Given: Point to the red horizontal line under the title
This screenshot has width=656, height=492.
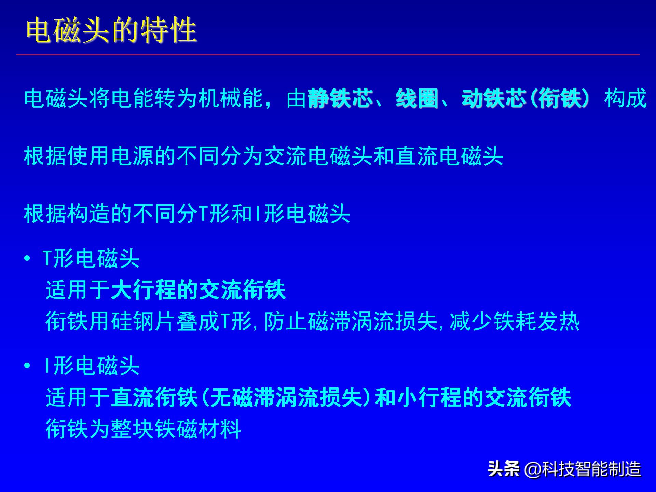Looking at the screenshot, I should click(x=328, y=55).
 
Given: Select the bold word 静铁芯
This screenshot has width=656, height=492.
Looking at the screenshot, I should click(x=340, y=99).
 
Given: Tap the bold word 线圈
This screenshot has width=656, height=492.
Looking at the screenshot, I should click(x=417, y=99).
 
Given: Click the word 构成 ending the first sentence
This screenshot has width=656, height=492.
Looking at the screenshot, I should click(x=625, y=99).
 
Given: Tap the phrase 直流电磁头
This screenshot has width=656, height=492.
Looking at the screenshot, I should click(x=449, y=156).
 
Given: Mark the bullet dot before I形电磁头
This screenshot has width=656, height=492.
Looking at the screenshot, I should click(x=27, y=366).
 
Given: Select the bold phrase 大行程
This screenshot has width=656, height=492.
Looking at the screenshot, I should click(x=143, y=290).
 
